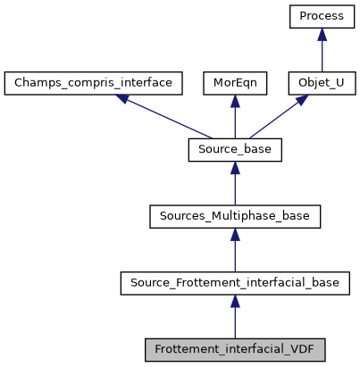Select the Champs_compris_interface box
(x=94, y=83)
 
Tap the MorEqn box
(x=235, y=83)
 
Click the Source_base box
(x=235, y=149)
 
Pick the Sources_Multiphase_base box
(x=235, y=215)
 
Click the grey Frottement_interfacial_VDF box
(x=235, y=347)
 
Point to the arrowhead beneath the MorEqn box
(x=235, y=101)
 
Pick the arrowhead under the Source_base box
(x=235, y=167)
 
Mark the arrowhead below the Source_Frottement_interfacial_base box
(x=235, y=299)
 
